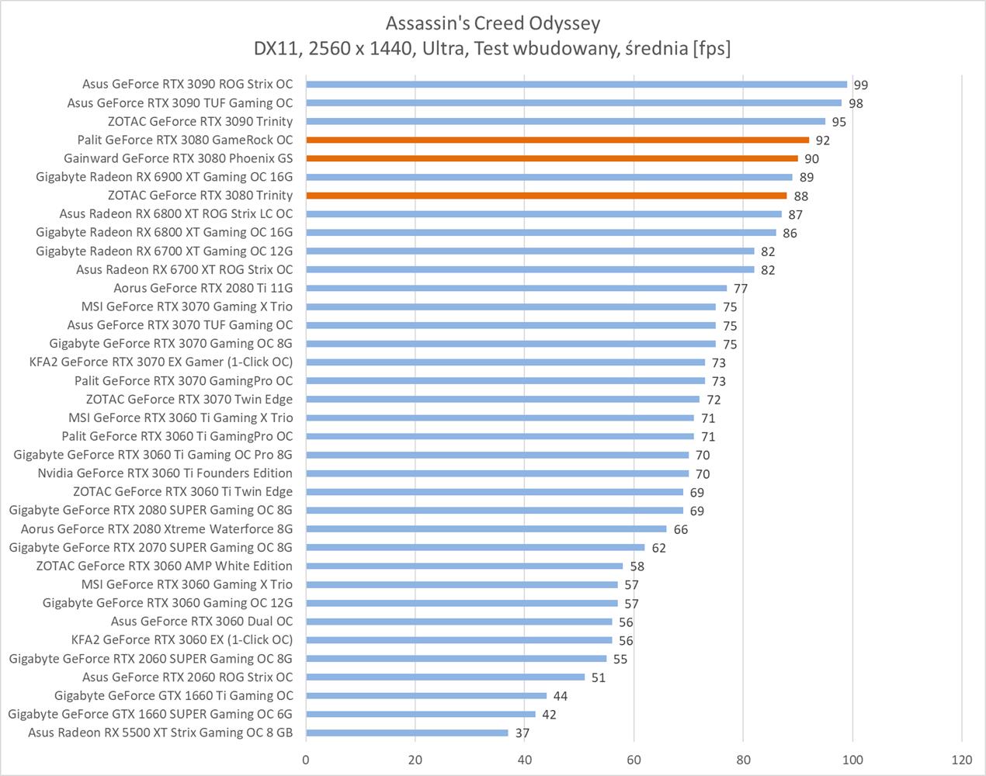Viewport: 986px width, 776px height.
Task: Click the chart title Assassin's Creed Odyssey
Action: pyautogui.click(x=492, y=23)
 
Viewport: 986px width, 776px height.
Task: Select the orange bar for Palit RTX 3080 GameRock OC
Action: pyautogui.click(x=557, y=140)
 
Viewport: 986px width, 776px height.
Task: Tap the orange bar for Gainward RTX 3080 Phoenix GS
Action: pyautogui.click(x=552, y=158)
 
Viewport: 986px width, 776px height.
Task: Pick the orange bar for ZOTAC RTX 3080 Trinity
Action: pyautogui.click(x=547, y=196)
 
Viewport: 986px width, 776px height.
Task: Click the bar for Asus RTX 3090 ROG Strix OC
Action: pyautogui.click(x=576, y=85)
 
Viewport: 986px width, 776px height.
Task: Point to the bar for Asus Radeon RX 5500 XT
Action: pyautogui.click(x=407, y=733)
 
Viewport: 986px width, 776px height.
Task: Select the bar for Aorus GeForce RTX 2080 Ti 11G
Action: pyautogui.click(x=516, y=288)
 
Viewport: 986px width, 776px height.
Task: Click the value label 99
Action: pyautogui.click(x=860, y=85)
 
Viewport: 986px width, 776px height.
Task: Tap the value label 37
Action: pyautogui.click(x=522, y=733)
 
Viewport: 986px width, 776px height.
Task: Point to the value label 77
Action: pyautogui.click(x=741, y=289)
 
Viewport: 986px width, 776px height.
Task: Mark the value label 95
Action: pyautogui.click(x=838, y=122)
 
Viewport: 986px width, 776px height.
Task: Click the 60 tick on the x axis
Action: pyautogui.click(x=634, y=760)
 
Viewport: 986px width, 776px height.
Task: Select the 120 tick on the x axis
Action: pyautogui.click(x=961, y=760)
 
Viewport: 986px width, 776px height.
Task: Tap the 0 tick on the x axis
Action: pyautogui.click(x=306, y=760)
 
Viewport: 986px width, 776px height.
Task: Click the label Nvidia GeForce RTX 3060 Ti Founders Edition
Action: pyautogui.click(x=165, y=473)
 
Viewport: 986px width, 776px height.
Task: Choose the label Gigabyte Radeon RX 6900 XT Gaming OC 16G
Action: pyautogui.click(x=164, y=177)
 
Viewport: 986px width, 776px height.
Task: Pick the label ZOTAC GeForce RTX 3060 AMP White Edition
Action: pyautogui.click(x=164, y=566)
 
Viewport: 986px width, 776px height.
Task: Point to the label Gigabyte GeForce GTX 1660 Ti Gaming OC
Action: pyautogui.click(x=174, y=695)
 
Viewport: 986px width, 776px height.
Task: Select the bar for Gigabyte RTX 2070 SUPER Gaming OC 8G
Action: pyautogui.click(x=475, y=547)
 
